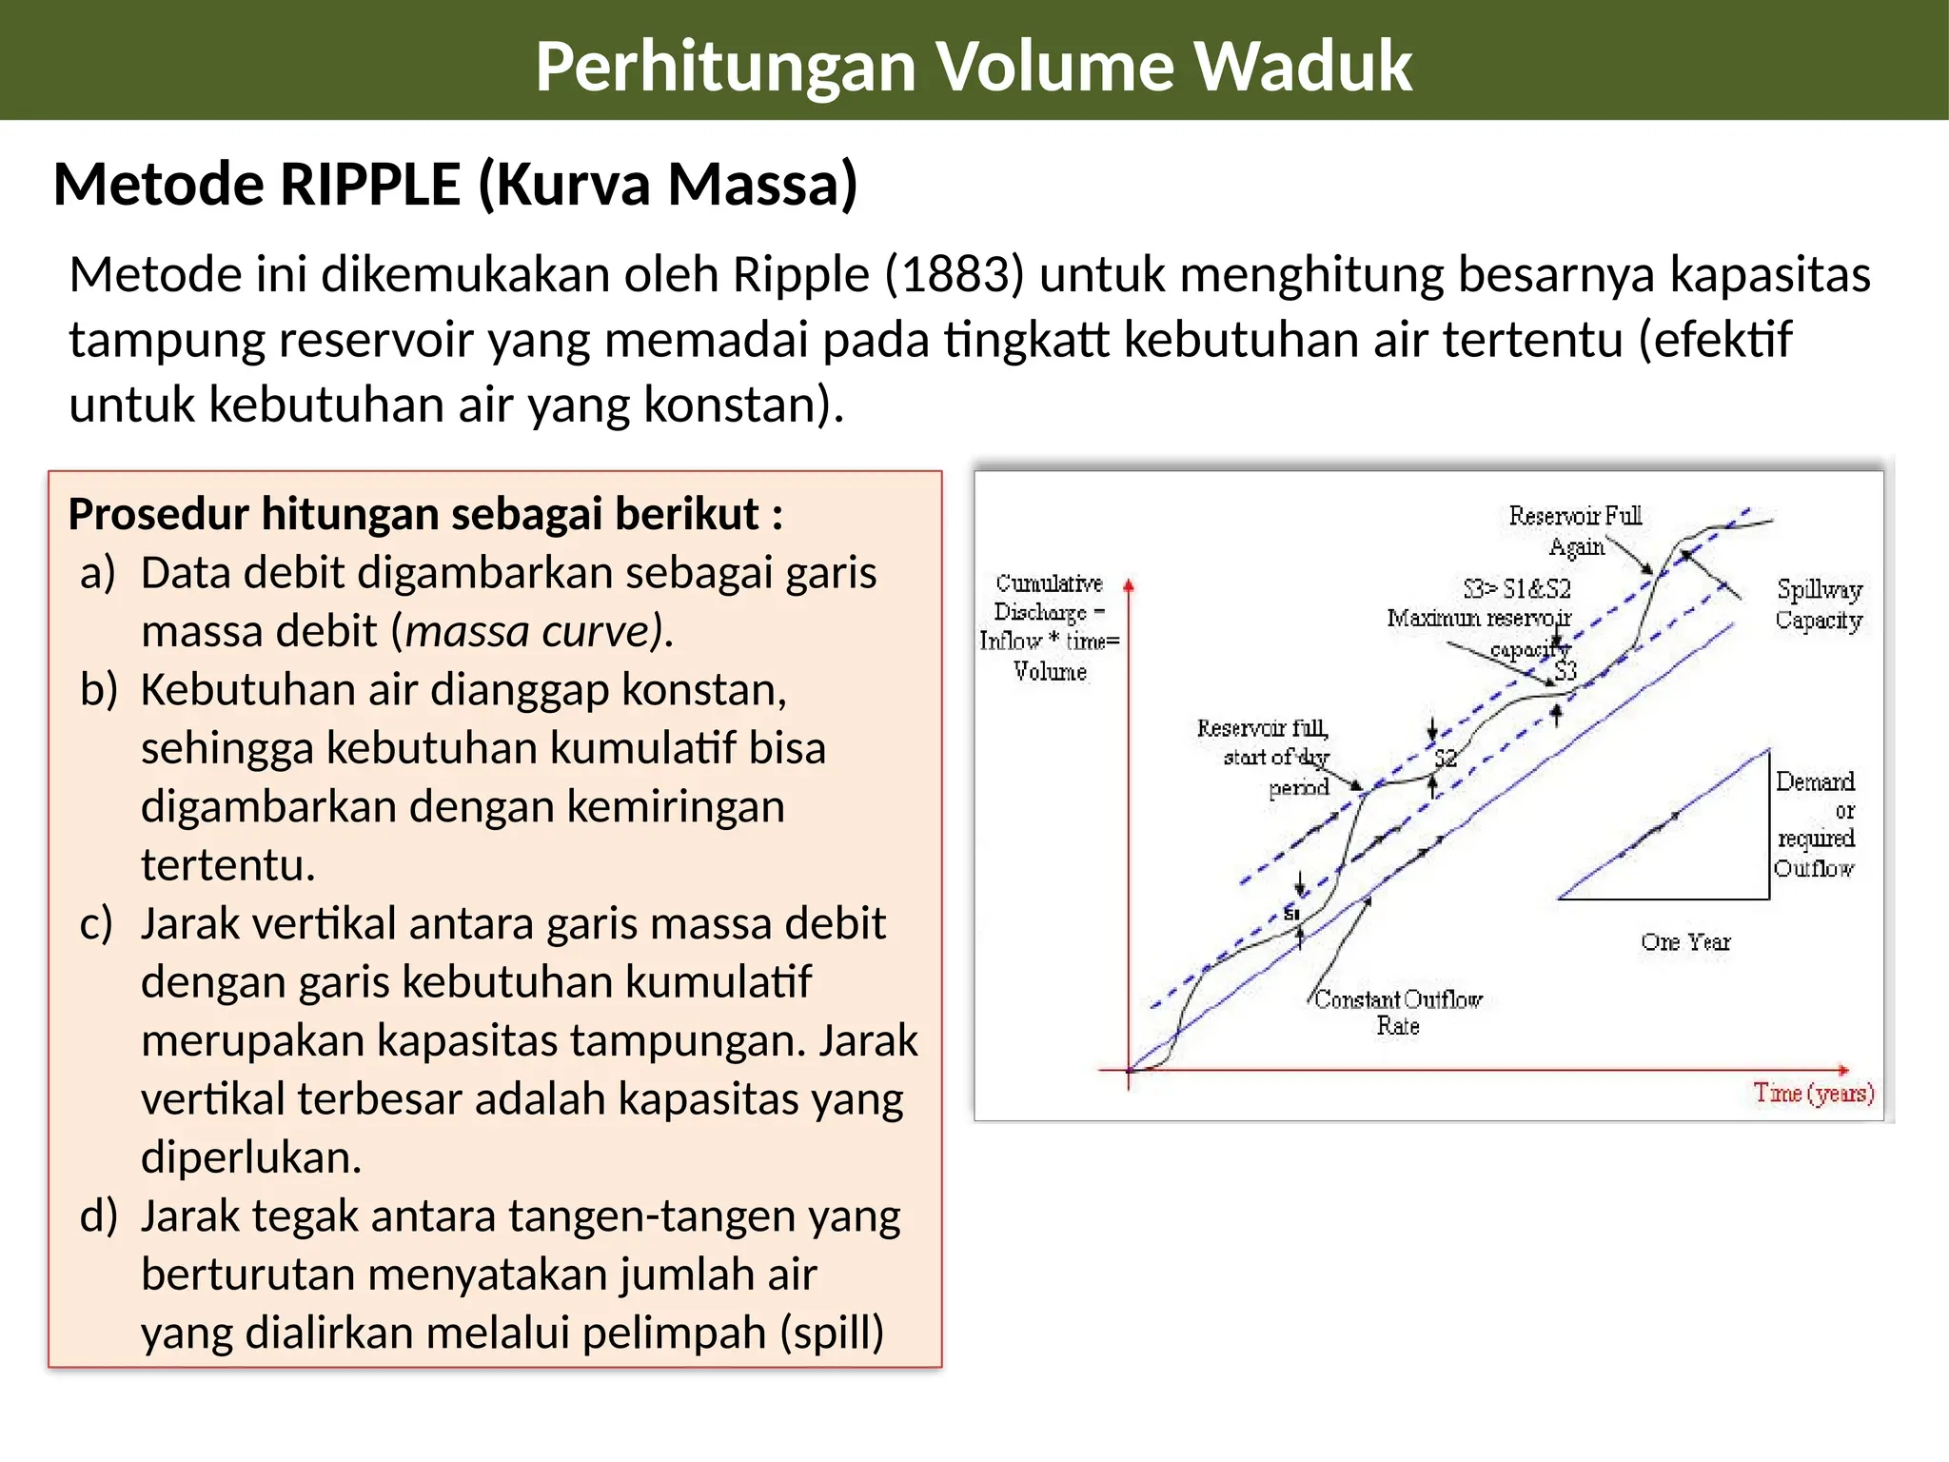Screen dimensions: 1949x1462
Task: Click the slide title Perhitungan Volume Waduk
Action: [974, 66]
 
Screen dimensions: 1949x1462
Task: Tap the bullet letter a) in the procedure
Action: [97, 574]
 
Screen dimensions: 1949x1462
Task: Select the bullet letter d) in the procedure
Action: [98, 1216]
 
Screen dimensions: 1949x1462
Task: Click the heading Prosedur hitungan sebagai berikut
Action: [425, 514]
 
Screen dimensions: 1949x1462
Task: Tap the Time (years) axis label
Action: [1814, 1094]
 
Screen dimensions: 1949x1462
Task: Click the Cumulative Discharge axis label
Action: [1050, 627]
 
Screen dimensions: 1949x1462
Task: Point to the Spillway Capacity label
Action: [1819, 604]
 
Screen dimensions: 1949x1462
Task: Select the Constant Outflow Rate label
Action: [1398, 1012]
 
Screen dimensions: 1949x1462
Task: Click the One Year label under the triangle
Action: [1685, 942]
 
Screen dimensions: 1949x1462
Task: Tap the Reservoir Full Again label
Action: [1576, 531]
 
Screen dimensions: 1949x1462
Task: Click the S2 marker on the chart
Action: [1446, 759]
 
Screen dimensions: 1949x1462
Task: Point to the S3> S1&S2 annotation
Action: [1517, 588]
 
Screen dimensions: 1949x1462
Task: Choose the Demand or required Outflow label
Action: [1815, 824]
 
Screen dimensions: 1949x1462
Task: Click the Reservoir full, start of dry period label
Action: [1263, 758]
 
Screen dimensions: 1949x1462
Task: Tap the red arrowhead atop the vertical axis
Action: [1129, 585]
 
